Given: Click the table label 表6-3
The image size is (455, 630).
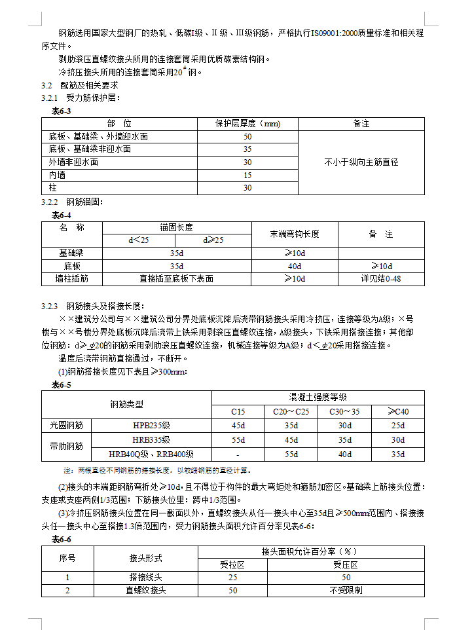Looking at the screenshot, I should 62,111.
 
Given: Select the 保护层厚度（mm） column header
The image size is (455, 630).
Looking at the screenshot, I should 247,123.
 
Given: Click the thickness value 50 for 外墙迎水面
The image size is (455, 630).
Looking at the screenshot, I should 247,137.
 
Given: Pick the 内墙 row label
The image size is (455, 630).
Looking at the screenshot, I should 58,175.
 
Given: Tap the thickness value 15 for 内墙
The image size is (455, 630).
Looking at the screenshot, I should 247,175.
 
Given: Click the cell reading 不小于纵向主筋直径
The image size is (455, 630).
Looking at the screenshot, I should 361,162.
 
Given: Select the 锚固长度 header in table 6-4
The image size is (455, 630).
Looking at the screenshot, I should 177,227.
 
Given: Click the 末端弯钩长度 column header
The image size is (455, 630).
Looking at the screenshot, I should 295,234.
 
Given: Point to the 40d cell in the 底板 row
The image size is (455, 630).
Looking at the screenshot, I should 295,266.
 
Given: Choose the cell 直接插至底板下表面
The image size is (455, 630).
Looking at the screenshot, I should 177,278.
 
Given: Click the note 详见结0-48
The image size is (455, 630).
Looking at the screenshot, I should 381,278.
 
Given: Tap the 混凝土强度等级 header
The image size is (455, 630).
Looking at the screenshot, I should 318,398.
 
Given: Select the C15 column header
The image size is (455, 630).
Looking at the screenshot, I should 238,412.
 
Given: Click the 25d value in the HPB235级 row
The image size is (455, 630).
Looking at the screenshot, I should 397,426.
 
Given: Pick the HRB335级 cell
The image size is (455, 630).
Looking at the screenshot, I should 151,440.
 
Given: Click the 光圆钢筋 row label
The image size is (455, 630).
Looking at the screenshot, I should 67,426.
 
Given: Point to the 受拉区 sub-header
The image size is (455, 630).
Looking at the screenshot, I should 232,564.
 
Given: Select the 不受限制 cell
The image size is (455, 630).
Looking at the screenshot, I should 346,590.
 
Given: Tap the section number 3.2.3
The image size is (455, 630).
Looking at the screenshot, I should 50,306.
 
